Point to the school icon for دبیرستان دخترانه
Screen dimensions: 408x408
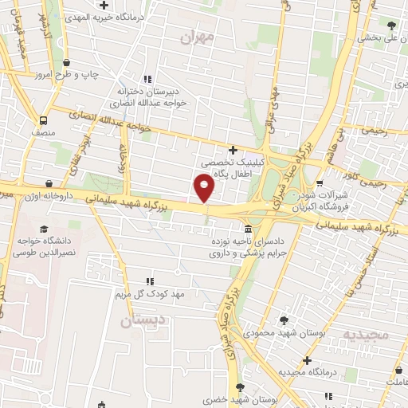tap(147, 78)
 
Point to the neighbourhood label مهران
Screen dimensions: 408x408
tap(198, 37)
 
